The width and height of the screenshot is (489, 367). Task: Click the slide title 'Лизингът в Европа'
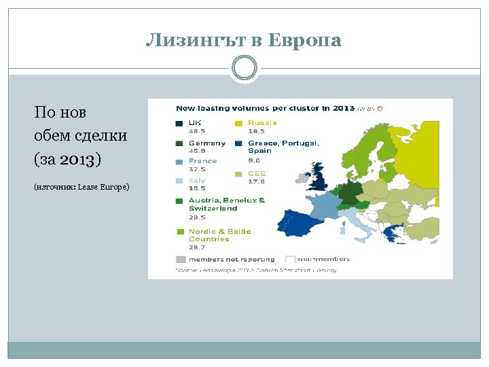(244, 41)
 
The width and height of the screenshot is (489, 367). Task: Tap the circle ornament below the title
(244, 68)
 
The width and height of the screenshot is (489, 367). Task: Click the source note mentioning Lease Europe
(81, 186)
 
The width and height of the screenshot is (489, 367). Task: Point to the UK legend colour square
(179, 124)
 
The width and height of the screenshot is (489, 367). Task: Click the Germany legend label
(207, 143)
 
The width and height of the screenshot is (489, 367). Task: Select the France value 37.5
(198, 169)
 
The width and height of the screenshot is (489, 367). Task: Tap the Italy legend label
(198, 181)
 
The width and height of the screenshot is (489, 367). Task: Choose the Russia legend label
(262, 123)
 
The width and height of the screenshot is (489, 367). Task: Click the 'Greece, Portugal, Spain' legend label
(283, 147)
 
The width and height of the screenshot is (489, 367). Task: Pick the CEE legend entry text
(257, 173)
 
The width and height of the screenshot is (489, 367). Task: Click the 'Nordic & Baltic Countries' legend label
(219, 235)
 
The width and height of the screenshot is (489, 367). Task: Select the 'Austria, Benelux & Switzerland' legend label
(227, 205)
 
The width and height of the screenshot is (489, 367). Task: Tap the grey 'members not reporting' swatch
(180, 259)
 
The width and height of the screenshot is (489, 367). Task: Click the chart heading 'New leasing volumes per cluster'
(265, 107)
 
